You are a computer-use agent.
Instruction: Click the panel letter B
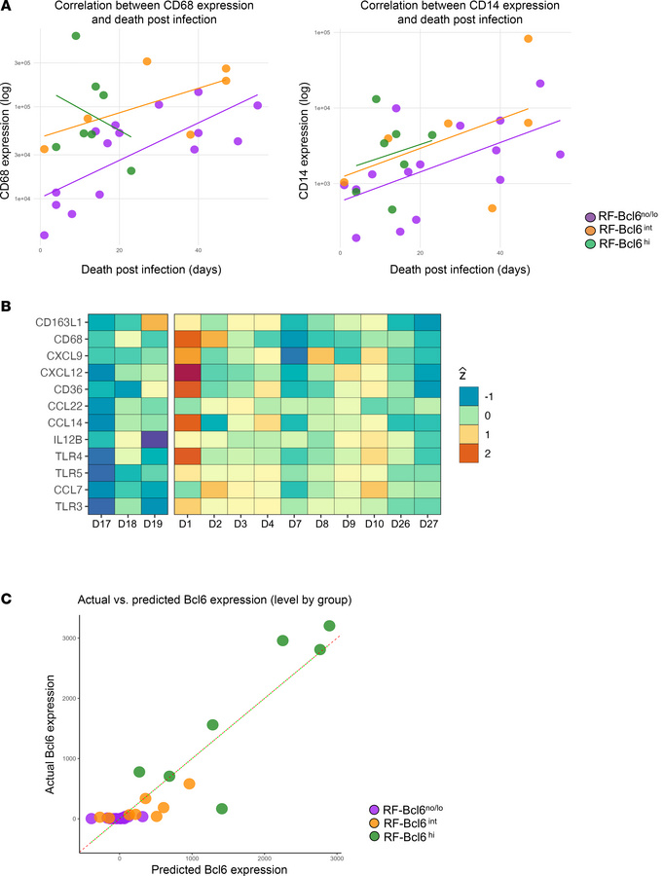click(8, 307)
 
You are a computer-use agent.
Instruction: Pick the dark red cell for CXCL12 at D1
click(188, 371)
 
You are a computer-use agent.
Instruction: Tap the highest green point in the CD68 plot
click(76, 36)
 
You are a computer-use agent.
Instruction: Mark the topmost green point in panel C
click(329, 626)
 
